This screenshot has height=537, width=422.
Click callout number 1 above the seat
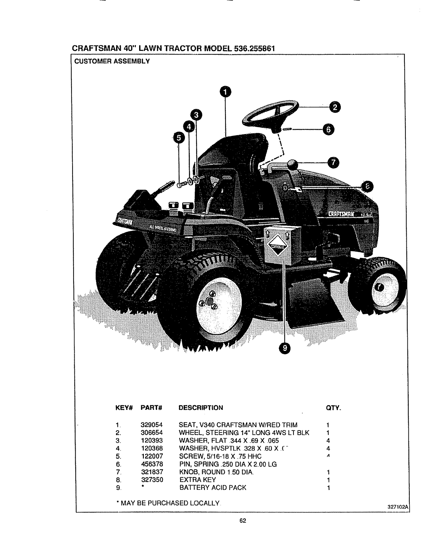coord(224,92)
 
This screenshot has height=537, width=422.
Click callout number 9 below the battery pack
coord(285,347)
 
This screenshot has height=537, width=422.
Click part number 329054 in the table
coord(152,425)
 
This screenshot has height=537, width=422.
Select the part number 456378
coord(152,464)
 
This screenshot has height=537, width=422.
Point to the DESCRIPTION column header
coord(201,407)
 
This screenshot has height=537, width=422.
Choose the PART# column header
coord(152,407)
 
